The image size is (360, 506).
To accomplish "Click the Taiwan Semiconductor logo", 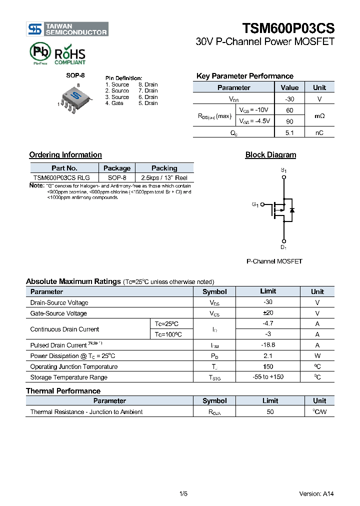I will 67,29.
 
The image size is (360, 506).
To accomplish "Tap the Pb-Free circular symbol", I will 40,52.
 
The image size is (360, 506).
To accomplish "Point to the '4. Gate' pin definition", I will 114,103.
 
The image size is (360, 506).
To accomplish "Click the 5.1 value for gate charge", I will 289,132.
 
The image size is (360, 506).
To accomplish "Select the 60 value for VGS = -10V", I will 289,110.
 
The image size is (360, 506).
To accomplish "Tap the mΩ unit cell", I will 319,115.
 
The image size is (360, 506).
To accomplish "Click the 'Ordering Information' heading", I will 65,155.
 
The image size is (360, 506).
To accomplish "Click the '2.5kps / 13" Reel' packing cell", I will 164,177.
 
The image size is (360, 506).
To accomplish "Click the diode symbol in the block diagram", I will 292,210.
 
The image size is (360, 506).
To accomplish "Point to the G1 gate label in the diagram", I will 255,204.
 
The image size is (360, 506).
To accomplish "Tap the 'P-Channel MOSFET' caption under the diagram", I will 274,261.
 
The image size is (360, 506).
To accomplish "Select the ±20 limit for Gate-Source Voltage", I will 268,313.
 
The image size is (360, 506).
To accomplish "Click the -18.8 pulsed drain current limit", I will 268,345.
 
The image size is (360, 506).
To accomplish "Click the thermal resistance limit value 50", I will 270,412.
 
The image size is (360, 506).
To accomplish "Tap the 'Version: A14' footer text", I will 316,493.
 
